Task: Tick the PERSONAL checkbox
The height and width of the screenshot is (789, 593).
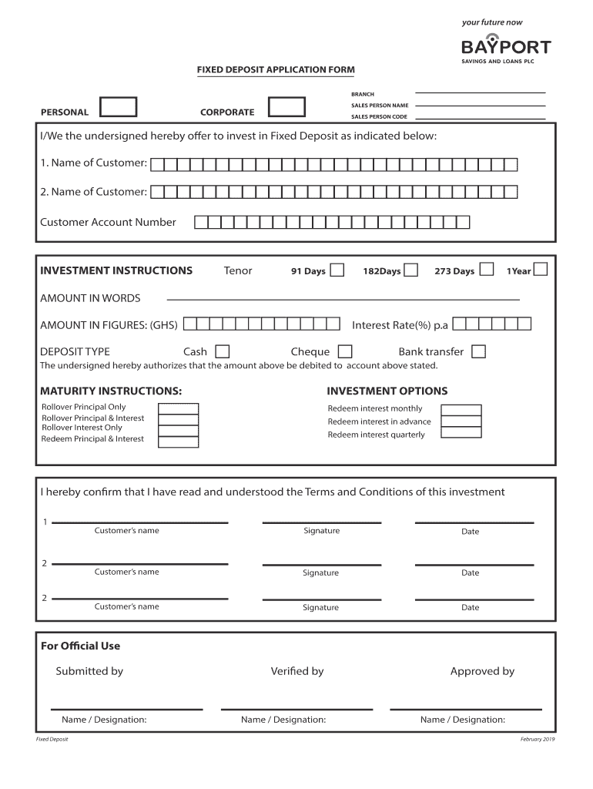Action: [x=119, y=107]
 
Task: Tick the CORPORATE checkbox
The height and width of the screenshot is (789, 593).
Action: [x=286, y=107]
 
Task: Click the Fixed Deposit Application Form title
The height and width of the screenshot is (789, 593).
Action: [x=276, y=69]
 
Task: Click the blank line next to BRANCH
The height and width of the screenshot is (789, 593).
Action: [x=481, y=93]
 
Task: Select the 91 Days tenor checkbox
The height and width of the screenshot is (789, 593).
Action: [x=337, y=270]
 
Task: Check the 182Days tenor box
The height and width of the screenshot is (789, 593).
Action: [x=411, y=270]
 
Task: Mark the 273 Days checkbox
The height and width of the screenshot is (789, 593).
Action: [x=487, y=270]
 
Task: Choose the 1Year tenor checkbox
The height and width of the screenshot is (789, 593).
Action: [x=541, y=270]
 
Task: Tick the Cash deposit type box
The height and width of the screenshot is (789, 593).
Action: [x=222, y=351]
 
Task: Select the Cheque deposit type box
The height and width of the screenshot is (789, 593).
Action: [x=345, y=351]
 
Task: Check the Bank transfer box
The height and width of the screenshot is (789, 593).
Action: [x=478, y=351]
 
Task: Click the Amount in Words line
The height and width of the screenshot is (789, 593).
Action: [x=343, y=297]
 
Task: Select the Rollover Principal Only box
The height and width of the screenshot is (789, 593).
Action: [x=178, y=409]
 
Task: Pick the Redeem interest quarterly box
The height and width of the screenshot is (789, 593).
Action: [x=461, y=433]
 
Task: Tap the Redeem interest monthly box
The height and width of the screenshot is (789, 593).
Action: [x=461, y=410]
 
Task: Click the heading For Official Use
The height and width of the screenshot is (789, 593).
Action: [x=80, y=646]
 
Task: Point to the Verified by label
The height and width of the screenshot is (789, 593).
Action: [x=297, y=671]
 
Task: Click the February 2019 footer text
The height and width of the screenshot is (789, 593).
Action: [x=538, y=740]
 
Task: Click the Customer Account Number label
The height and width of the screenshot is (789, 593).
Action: [x=108, y=223]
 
